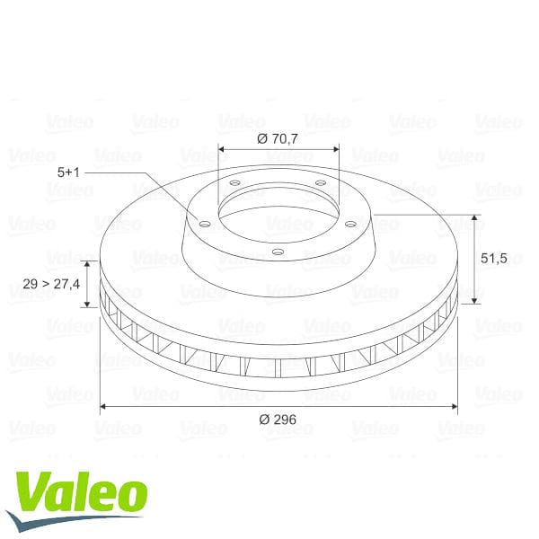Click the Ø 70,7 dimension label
pos(278,139)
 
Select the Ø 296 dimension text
pos(278,419)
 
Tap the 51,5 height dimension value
pos(495,258)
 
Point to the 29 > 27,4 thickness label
pos(51,284)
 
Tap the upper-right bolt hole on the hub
pos(320,185)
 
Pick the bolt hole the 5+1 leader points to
pos(204,225)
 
